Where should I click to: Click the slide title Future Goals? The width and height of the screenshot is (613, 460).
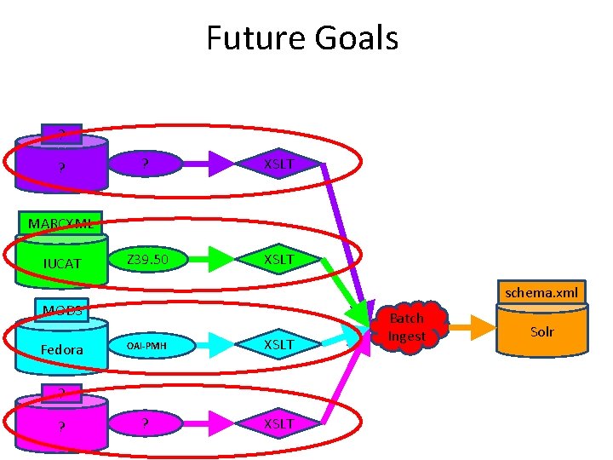[x=302, y=38]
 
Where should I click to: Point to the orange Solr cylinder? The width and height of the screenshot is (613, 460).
[x=541, y=332]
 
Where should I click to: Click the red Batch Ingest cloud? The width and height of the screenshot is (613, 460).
[x=407, y=326]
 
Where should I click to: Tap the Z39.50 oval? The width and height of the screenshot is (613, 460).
[x=147, y=259]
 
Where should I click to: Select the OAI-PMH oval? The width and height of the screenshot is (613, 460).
[x=147, y=345]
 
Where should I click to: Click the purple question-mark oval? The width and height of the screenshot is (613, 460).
[x=146, y=163]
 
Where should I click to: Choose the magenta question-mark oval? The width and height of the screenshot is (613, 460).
[x=146, y=423]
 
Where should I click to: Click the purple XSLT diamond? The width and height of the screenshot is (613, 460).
[x=278, y=164]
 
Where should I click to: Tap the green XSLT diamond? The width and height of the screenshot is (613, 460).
[x=278, y=259]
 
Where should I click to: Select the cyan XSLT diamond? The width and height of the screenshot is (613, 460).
[x=278, y=344]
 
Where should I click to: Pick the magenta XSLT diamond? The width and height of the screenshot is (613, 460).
[x=278, y=423]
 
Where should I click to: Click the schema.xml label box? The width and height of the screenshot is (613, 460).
[x=541, y=292]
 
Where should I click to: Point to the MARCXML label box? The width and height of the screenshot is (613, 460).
[x=63, y=223]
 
